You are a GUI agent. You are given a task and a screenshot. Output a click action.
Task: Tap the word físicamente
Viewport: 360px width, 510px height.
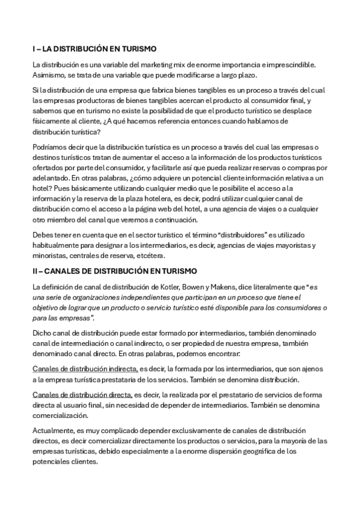click(x=52, y=121)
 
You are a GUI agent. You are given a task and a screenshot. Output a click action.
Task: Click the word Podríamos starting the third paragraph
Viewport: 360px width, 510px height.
click(x=52, y=147)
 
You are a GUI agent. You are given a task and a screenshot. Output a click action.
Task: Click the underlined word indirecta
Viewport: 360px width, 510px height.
click(x=118, y=369)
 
